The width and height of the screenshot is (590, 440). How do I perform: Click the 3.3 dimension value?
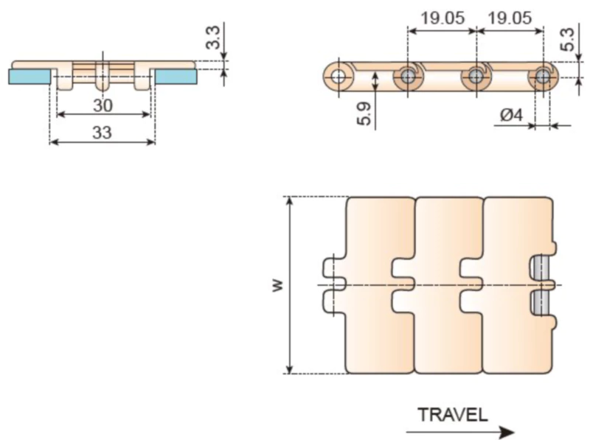tap(212, 36)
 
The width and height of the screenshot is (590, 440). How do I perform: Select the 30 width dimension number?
tap(103, 105)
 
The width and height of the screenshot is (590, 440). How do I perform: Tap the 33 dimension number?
tap(103, 133)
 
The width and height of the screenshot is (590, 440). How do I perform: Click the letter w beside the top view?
tap(276, 285)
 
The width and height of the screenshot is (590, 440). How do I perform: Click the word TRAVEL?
tap(453, 413)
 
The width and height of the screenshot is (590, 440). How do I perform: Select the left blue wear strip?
tap(29, 75)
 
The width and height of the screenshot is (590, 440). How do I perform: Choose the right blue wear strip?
tap(176, 75)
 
